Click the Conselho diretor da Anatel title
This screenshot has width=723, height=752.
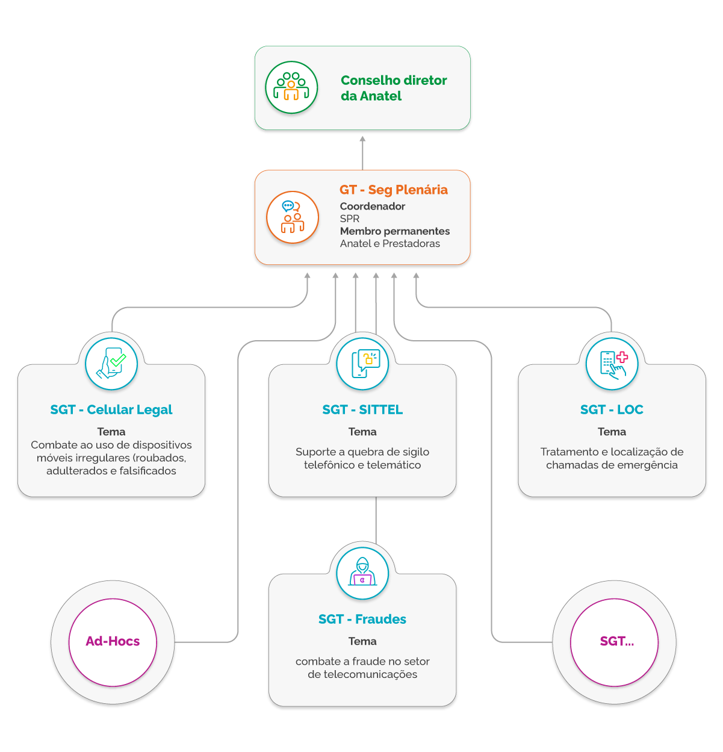tap(394, 88)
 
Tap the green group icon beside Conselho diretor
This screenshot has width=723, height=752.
tap(291, 87)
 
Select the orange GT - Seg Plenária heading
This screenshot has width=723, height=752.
tap(394, 190)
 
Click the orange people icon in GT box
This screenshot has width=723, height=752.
tap(293, 217)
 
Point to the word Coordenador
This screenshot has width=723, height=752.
tap(373, 207)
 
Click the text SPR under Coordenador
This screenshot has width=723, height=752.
tap(350, 219)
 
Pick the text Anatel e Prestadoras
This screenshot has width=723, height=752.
tap(390, 244)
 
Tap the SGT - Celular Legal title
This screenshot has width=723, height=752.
tap(111, 410)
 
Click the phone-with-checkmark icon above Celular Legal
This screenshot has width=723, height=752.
tap(111, 364)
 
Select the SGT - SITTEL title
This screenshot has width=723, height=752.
tap(362, 410)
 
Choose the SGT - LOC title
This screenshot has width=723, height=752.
tap(612, 410)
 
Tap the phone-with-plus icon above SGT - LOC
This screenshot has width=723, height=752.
tap(612, 364)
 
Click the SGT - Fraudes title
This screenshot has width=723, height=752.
tap(362, 620)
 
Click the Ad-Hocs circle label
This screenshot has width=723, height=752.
tap(113, 642)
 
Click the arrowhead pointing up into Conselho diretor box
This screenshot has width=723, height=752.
tap(362, 140)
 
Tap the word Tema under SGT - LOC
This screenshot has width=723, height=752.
tap(612, 432)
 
